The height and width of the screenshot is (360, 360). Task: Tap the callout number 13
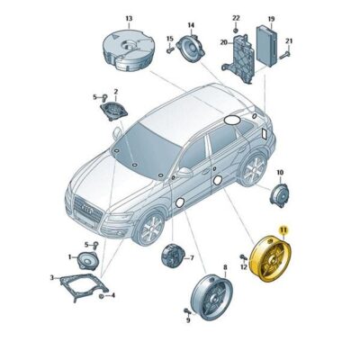(x=128, y=17)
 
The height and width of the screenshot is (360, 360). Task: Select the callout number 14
(x=191, y=25)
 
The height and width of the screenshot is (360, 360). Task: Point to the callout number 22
(x=236, y=17)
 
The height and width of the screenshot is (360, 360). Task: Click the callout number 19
(x=270, y=18)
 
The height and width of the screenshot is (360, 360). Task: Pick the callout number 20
(x=226, y=40)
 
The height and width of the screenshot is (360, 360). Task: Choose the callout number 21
(x=289, y=41)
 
